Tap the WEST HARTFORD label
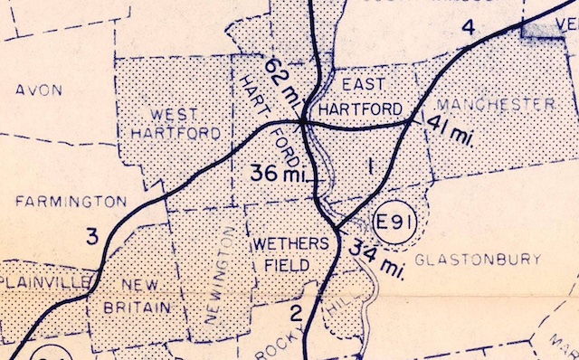pyautogui.click(x=175, y=123)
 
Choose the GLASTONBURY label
pyautogui.click(x=478, y=260)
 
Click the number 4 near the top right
pyautogui.click(x=468, y=27)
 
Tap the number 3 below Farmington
pyautogui.click(x=91, y=238)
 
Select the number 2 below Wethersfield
pyautogui.click(x=296, y=314)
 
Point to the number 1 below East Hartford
pyautogui.click(x=369, y=166)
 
